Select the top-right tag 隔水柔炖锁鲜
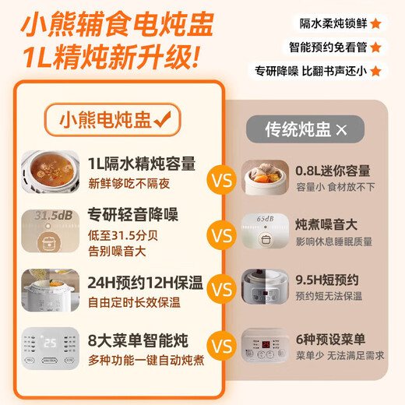click(330, 23)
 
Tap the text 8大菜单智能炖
click(135, 340)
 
